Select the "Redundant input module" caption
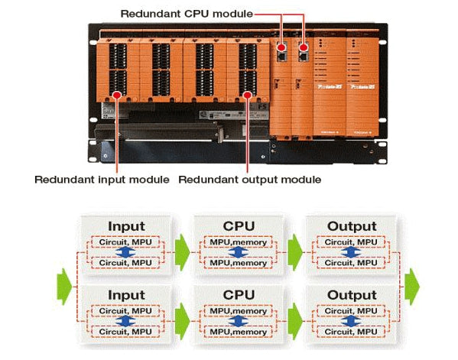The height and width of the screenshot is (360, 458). [x=102, y=180]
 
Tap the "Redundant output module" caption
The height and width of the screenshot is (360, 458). [x=250, y=180]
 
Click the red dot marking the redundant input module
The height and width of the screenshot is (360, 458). [x=116, y=94]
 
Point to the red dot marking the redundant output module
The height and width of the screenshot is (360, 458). [x=248, y=94]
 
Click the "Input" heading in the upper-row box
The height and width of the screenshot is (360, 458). [x=127, y=226]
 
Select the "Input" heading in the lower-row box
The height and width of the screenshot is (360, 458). [x=127, y=295]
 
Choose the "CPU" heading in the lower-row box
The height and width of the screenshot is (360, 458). [x=239, y=295]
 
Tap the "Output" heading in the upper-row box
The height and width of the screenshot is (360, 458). [x=352, y=226]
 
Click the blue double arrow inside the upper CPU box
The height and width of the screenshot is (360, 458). [x=239, y=253]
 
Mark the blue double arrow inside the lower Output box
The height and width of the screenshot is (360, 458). [x=351, y=322]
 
